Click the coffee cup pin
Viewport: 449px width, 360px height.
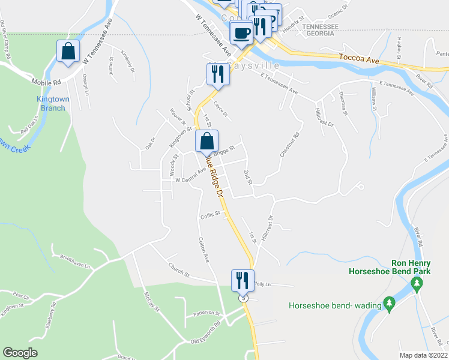coord(241,32)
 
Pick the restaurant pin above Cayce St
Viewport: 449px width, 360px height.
coord(217,74)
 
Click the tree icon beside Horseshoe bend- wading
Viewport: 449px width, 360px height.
coord(389,305)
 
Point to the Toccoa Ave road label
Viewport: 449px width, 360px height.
coord(360,61)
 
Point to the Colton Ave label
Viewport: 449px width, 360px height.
coord(203,250)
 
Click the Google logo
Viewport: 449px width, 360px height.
coord(20,353)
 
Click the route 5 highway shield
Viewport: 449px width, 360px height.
coord(243,298)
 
